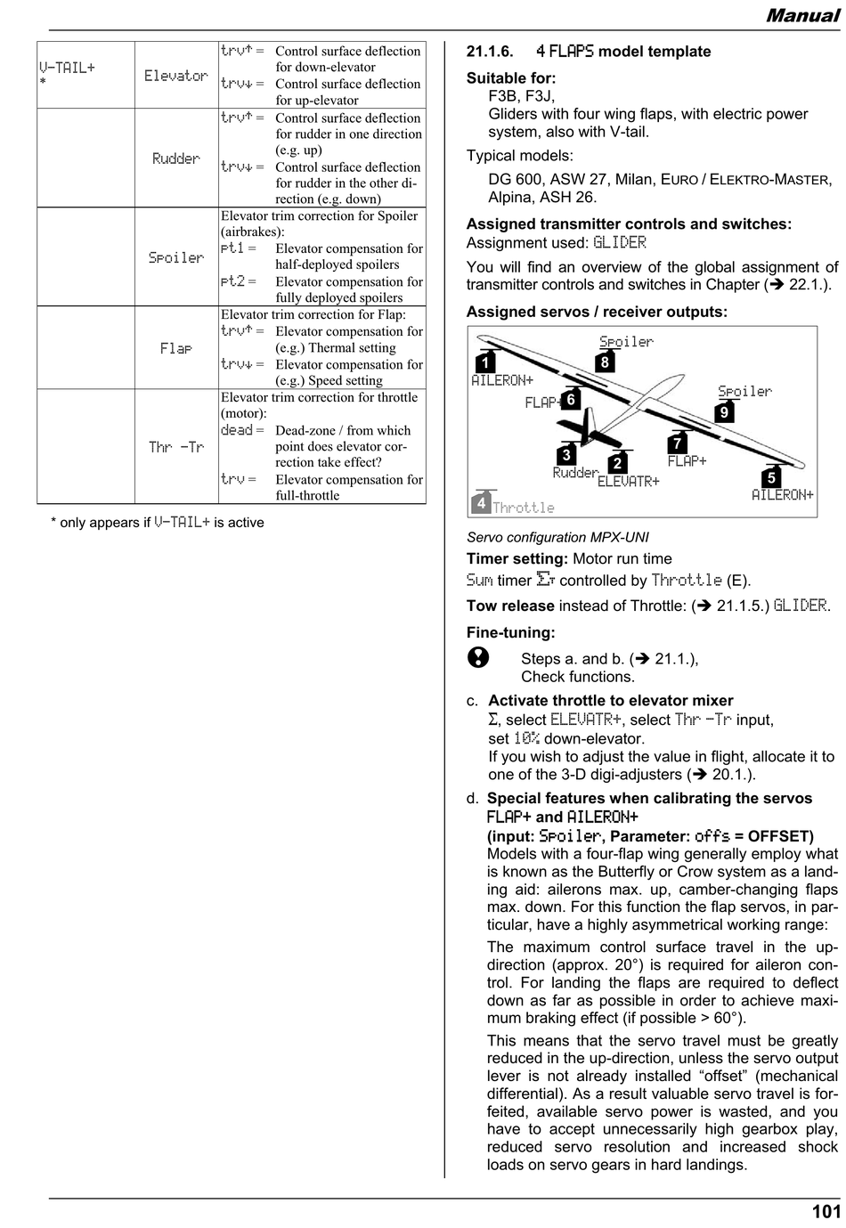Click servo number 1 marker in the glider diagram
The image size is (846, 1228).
click(484, 362)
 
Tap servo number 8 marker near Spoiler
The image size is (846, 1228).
click(605, 362)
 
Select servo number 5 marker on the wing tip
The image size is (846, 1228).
click(771, 477)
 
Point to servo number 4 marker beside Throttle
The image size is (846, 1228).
click(481, 502)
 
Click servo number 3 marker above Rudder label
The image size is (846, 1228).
click(566, 454)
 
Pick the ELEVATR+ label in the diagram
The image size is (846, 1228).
click(628, 482)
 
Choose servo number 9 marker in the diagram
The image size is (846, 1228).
click(724, 411)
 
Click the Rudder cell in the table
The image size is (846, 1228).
click(175, 159)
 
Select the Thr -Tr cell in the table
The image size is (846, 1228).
click(176, 447)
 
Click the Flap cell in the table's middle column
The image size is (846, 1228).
click(176, 348)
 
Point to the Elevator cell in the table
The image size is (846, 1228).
click(176, 76)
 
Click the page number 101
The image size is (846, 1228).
click(826, 1210)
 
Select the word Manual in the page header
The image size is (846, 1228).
click(802, 15)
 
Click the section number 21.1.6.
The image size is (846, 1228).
click(490, 52)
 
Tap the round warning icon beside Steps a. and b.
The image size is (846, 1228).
click(478, 657)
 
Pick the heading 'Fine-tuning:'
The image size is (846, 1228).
click(510, 632)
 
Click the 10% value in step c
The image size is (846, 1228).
click(527, 738)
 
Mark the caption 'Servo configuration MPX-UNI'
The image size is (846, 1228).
click(557, 537)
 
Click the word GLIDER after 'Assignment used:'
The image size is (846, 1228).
click(620, 242)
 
